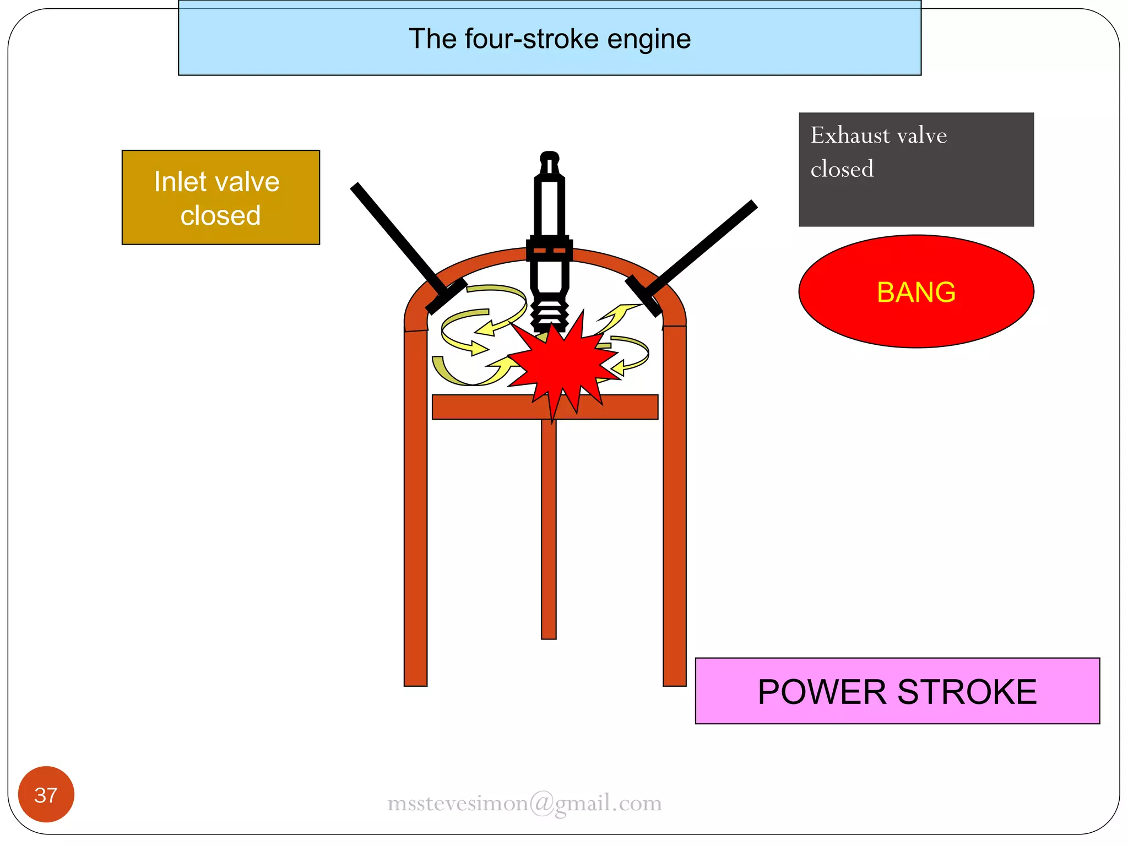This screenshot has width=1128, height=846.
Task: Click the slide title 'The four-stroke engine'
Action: [x=549, y=39]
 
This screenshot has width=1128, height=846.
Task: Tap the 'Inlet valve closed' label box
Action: [x=220, y=197]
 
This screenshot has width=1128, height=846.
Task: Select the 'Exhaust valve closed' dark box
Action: [x=916, y=170]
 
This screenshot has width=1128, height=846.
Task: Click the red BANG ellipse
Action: [x=916, y=291]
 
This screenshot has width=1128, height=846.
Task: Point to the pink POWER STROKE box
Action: [x=897, y=691]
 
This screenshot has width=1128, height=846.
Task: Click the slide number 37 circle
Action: [x=46, y=794]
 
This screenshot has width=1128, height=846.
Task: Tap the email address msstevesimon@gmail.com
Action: [x=524, y=803]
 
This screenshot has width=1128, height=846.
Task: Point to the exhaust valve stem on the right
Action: [x=702, y=246]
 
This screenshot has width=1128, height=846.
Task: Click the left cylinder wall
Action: [x=416, y=507]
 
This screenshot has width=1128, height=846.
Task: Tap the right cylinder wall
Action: [x=674, y=507]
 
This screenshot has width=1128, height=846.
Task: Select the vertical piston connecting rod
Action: [x=549, y=529]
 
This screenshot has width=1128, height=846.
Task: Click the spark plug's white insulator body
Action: [x=549, y=207]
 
